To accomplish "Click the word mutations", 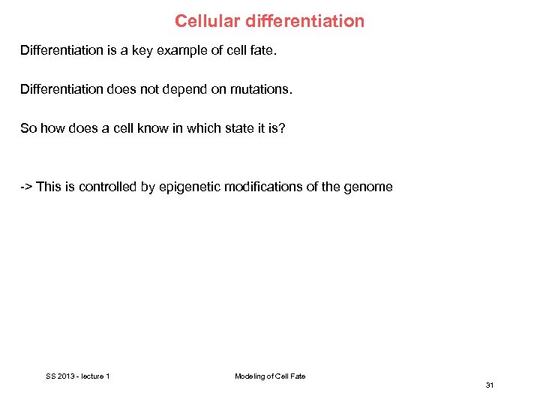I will (262, 90).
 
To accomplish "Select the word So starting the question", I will (28, 128).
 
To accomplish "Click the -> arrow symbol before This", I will (26, 187).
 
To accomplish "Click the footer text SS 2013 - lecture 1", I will (78, 376).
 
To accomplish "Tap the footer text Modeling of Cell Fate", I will (270, 376).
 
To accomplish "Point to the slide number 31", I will (490, 385).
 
